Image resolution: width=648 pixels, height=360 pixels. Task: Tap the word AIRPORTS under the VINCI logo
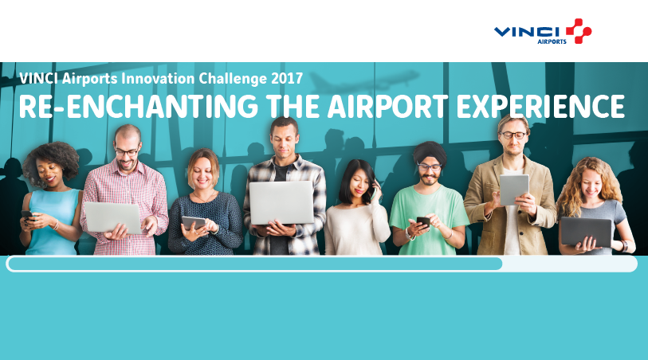point(552,41)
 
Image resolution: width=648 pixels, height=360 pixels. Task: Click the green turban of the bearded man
point(429,151)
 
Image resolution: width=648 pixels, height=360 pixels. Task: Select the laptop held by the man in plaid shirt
point(113,217)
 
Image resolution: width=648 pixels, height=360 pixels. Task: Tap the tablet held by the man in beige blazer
point(513,190)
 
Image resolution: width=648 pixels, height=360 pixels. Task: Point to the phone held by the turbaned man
point(422,222)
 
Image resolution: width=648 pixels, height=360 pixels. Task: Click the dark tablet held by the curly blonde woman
point(585,231)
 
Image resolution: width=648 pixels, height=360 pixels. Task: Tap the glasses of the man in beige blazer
point(514,135)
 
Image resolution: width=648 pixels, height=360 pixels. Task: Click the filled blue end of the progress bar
point(494,264)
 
